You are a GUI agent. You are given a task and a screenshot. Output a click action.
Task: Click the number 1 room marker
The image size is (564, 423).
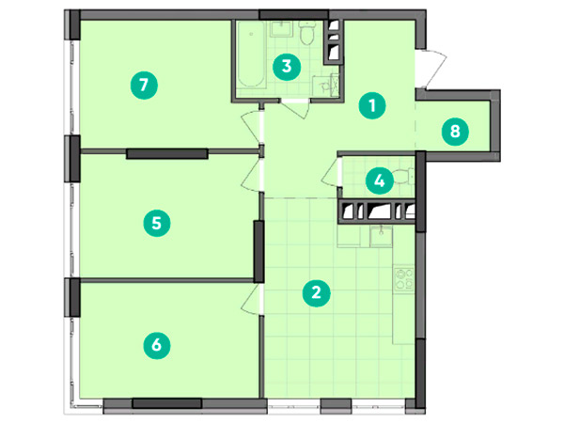[x=372, y=105]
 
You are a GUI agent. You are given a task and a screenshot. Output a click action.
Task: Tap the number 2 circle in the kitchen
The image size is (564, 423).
[x=316, y=292]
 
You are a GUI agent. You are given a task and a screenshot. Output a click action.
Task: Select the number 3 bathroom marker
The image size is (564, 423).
[x=287, y=67]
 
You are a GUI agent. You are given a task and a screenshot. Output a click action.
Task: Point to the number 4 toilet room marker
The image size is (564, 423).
[x=380, y=180]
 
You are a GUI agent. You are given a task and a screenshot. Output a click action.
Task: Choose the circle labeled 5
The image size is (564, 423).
[x=157, y=223]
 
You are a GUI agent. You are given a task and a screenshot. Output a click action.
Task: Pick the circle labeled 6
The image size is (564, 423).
[x=157, y=345]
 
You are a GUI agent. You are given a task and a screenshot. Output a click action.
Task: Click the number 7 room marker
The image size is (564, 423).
[x=144, y=86]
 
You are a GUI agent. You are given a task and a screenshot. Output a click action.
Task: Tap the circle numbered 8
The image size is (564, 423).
[x=455, y=132]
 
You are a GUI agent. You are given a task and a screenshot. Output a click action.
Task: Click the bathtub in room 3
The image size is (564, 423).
[x=251, y=55]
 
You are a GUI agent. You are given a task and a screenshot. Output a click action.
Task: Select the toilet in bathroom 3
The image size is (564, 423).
[x=307, y=33]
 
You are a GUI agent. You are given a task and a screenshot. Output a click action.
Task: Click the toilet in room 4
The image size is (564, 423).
[x=403, y=176]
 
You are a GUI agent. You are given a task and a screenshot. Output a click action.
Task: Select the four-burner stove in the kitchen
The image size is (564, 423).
[x=404, y=279]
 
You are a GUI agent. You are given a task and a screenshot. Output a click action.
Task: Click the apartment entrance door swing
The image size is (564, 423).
[x=431, y=70]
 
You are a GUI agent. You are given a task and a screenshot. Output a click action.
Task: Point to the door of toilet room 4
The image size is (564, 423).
[x=331, y=173]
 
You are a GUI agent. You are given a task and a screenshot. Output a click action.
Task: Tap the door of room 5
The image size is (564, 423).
[x=253, y=176]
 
